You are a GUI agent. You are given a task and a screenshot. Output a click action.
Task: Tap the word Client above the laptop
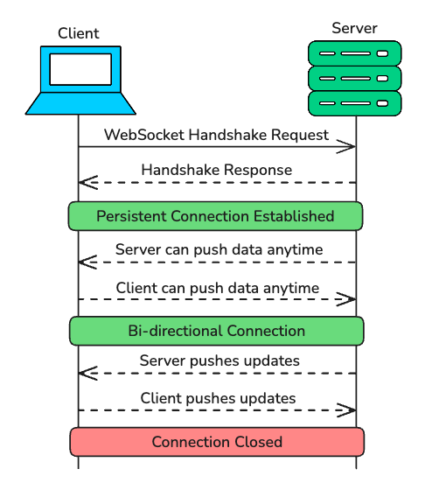click(79, 33)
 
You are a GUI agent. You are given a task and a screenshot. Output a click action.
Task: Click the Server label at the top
click(354, 28)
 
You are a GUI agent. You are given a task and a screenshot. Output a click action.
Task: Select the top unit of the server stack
click(354, 53)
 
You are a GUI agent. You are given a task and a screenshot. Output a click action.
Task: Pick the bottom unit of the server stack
click(354, 103)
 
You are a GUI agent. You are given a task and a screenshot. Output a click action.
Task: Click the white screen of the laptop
click(80, 69)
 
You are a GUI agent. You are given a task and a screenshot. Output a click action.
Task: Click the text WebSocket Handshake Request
click(216, 135)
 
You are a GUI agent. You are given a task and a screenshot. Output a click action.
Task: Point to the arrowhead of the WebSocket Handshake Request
click(348, 146)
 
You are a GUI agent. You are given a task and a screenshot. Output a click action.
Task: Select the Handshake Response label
click(216, 170)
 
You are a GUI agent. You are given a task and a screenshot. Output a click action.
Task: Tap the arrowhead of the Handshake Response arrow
click(86, 182)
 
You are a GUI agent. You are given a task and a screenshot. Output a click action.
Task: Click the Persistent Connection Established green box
click(216, 215)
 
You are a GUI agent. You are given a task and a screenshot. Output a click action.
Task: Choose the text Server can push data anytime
click(219, 249)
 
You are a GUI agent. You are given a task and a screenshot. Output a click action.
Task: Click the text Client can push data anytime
click(217, 287)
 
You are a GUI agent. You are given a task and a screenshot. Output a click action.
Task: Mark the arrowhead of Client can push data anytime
click(348, 299)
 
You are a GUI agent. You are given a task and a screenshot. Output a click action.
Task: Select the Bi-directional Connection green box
click(216, 331)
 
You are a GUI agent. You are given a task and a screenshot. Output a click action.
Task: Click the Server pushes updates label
click(219, 360)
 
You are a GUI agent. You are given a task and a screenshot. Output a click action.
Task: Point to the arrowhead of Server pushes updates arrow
click(86, 373)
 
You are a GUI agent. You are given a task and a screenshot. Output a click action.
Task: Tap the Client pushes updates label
click(218, 398)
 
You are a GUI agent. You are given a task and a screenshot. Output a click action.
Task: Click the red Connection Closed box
click(216, 442)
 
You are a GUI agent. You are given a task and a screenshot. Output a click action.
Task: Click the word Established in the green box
click(293, 215)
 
